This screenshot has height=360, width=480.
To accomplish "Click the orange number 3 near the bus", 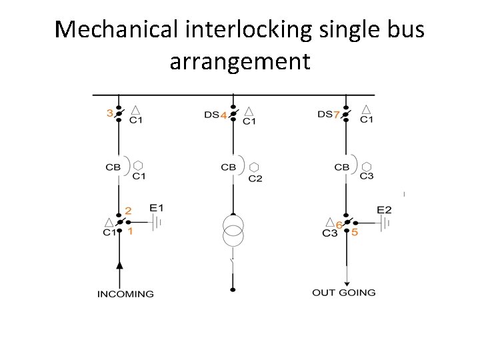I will pyautogui.click(x=110, y=113).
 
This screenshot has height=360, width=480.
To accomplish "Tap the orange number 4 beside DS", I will pyautogui.click(x=224, y=115).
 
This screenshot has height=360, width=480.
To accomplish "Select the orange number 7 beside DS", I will pyautogui.click(x=337, y=115).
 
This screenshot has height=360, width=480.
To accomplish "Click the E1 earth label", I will pyautogui.click(x=157, y=208).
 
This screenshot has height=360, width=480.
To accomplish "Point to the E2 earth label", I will pyautogui.click(x=384, y=210).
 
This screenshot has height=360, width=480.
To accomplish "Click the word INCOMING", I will pyautogui.click(x=125, y=293).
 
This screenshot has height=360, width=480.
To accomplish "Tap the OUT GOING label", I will pyautogui.click(x=344, y=292).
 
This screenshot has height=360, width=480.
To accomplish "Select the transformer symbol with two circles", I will pyautogui.click(x=233, y=230).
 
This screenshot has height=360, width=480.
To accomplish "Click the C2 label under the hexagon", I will pyautogui.click(x=255, y=179).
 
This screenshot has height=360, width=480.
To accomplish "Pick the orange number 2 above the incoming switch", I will pyautogui.click(x=129, y=211).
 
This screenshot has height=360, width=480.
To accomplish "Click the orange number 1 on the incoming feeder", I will pyautogui.click(x=130, y=232).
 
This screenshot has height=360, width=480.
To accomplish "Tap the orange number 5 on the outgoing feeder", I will pyautogui.click(x=355, y=233).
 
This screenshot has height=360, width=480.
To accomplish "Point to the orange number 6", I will pyautogui.click(x=339, y=225).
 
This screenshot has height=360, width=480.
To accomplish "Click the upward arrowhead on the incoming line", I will pyautogui.click(x=119, y=265).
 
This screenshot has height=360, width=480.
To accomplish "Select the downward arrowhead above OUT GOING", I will pyautogui.click(x=347, y=283).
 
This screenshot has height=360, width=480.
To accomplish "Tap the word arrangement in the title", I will pyautogui.click(x=240, y=61).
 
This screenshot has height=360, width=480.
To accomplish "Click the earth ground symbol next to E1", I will pyautogui.click(x=157, y=223).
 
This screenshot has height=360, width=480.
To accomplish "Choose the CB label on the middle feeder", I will pyautogui.click(x=228, y=167).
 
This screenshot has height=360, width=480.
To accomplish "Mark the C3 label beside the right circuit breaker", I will pyautogui.click(x=367, y=176).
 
